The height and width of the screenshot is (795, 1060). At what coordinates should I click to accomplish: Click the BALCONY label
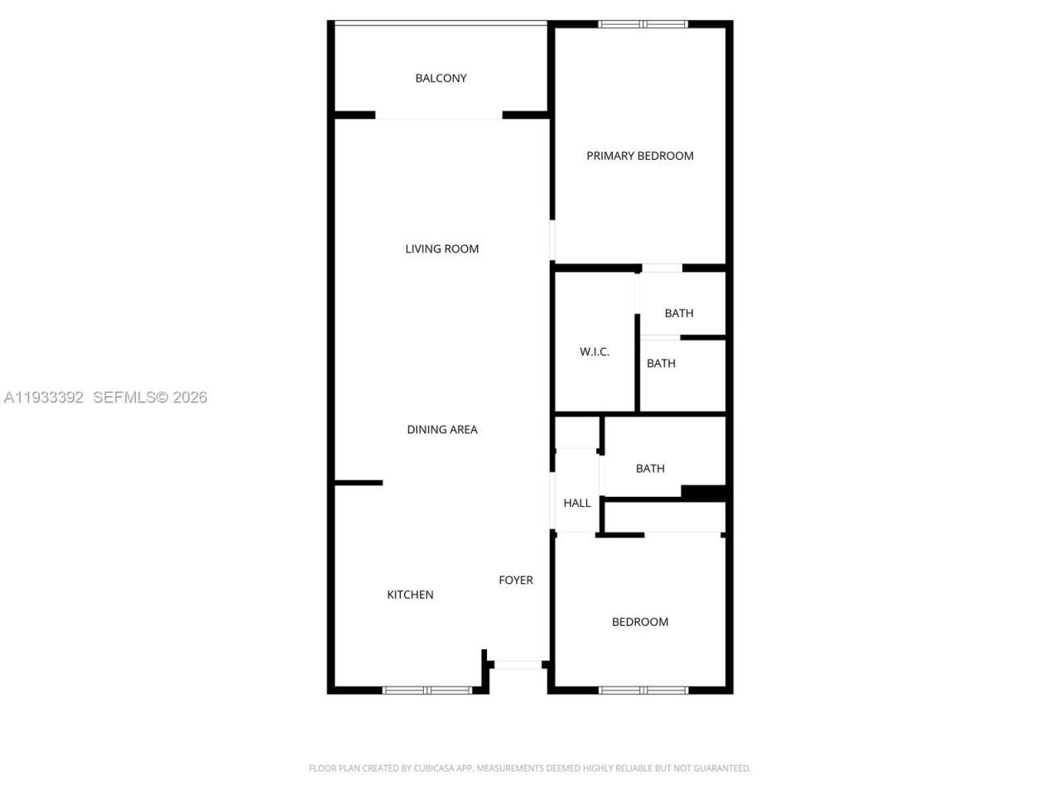[441, 78]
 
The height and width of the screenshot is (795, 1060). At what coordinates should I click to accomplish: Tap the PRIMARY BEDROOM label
[639, 156]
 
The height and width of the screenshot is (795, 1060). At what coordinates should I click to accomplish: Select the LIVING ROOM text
[441, 248]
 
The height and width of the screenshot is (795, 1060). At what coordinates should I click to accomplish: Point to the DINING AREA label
[441, 429]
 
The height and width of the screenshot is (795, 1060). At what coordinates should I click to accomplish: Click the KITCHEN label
[410, 595]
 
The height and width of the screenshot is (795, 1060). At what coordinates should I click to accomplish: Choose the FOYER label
[515, 580]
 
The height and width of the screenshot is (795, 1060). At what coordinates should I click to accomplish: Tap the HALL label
[577, 503]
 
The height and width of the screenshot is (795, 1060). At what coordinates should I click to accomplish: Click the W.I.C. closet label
[594, 352]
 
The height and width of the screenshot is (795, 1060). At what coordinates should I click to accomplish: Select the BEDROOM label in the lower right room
[639, 622]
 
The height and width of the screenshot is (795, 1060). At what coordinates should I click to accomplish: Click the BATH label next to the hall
[650, 469]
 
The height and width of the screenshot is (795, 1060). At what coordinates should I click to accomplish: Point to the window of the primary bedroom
[643, 24]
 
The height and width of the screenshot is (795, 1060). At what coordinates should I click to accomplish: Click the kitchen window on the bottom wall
[427, 690]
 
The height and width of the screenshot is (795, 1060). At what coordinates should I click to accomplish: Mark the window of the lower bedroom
[643, 690]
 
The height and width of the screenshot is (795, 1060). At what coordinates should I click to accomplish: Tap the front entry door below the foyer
[518, 664]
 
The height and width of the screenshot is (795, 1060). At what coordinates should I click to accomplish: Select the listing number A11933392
[44, 397]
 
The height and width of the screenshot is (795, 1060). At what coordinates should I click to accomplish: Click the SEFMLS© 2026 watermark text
[150, 397]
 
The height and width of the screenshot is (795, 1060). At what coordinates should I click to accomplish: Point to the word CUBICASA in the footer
[444, 768]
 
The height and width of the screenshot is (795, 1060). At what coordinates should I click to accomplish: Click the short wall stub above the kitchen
[359, 482]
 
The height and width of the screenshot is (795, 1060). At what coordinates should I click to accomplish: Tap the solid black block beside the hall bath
[703, 492]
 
